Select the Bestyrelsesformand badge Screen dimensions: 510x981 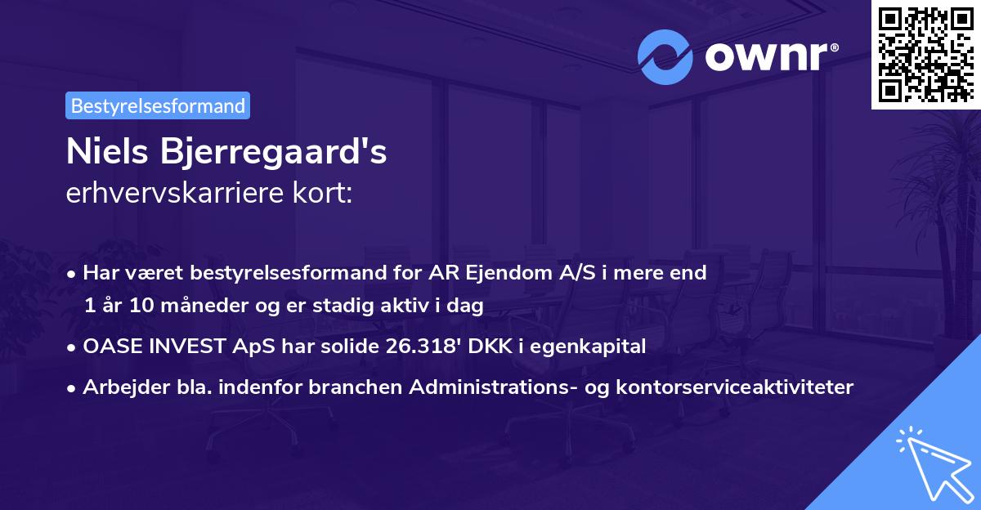[x=158, y=105]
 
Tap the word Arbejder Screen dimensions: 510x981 [x=122, y=387]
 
